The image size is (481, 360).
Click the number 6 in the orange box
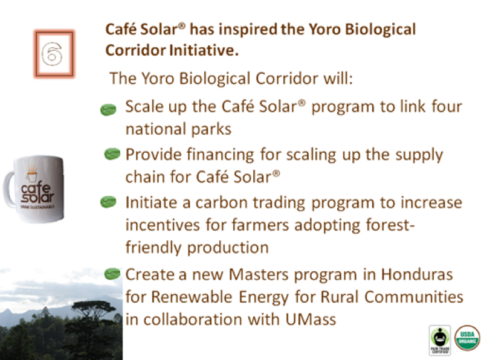52,54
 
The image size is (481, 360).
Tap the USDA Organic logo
467,338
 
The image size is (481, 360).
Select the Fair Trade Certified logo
440,340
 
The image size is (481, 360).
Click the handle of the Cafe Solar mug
9,188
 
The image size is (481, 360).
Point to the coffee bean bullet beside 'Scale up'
108,110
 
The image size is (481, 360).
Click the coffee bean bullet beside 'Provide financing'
112,154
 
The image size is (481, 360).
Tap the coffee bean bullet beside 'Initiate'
108,202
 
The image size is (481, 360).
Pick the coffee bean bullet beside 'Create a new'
112,274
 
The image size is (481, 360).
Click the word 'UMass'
311,320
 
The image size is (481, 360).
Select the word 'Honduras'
417,274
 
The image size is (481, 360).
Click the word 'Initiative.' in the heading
204,50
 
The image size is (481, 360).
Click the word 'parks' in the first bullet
211,129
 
